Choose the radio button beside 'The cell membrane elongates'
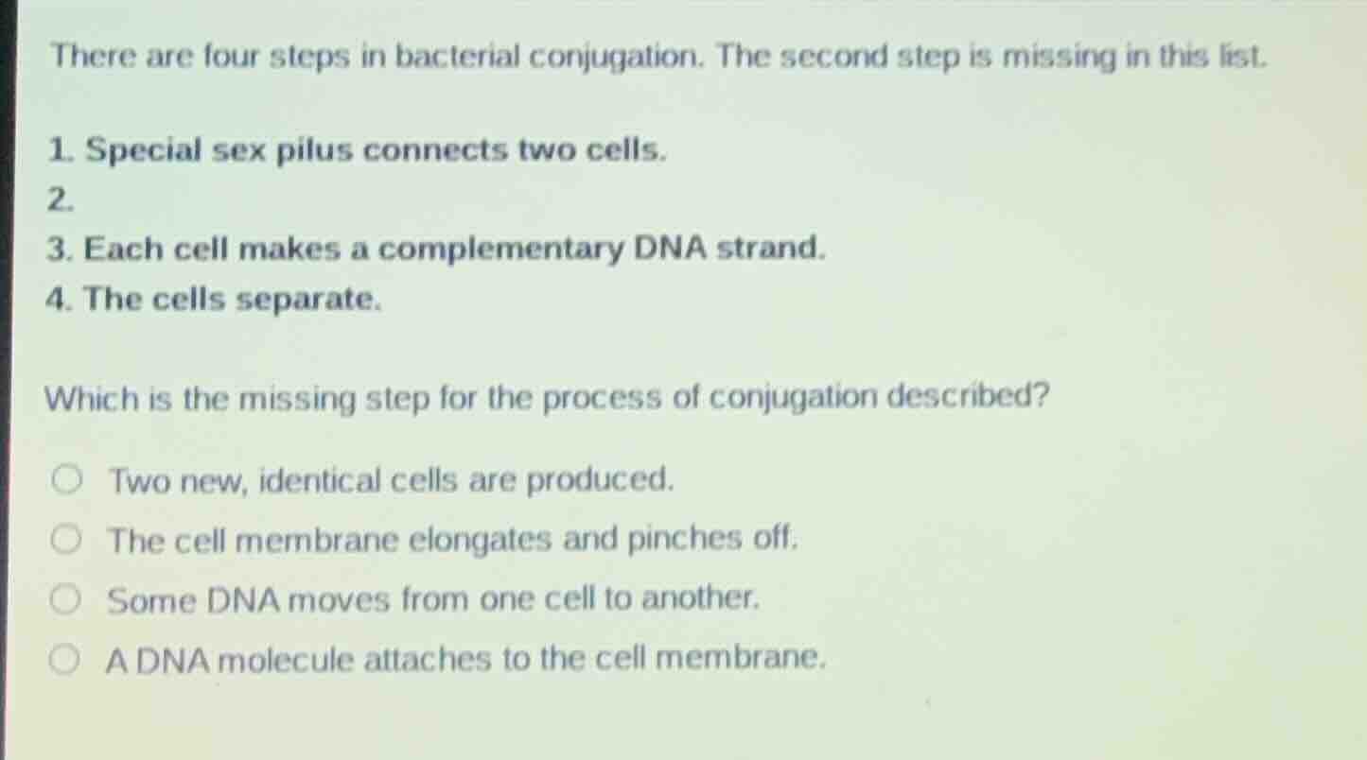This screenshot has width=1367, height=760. click(68, 541)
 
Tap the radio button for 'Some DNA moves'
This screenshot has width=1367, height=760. click(66, 599)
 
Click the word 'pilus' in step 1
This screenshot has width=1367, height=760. click(314, 150)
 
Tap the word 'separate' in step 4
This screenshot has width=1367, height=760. click(306, 301)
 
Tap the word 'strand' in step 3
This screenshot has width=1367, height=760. click(769, 250)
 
